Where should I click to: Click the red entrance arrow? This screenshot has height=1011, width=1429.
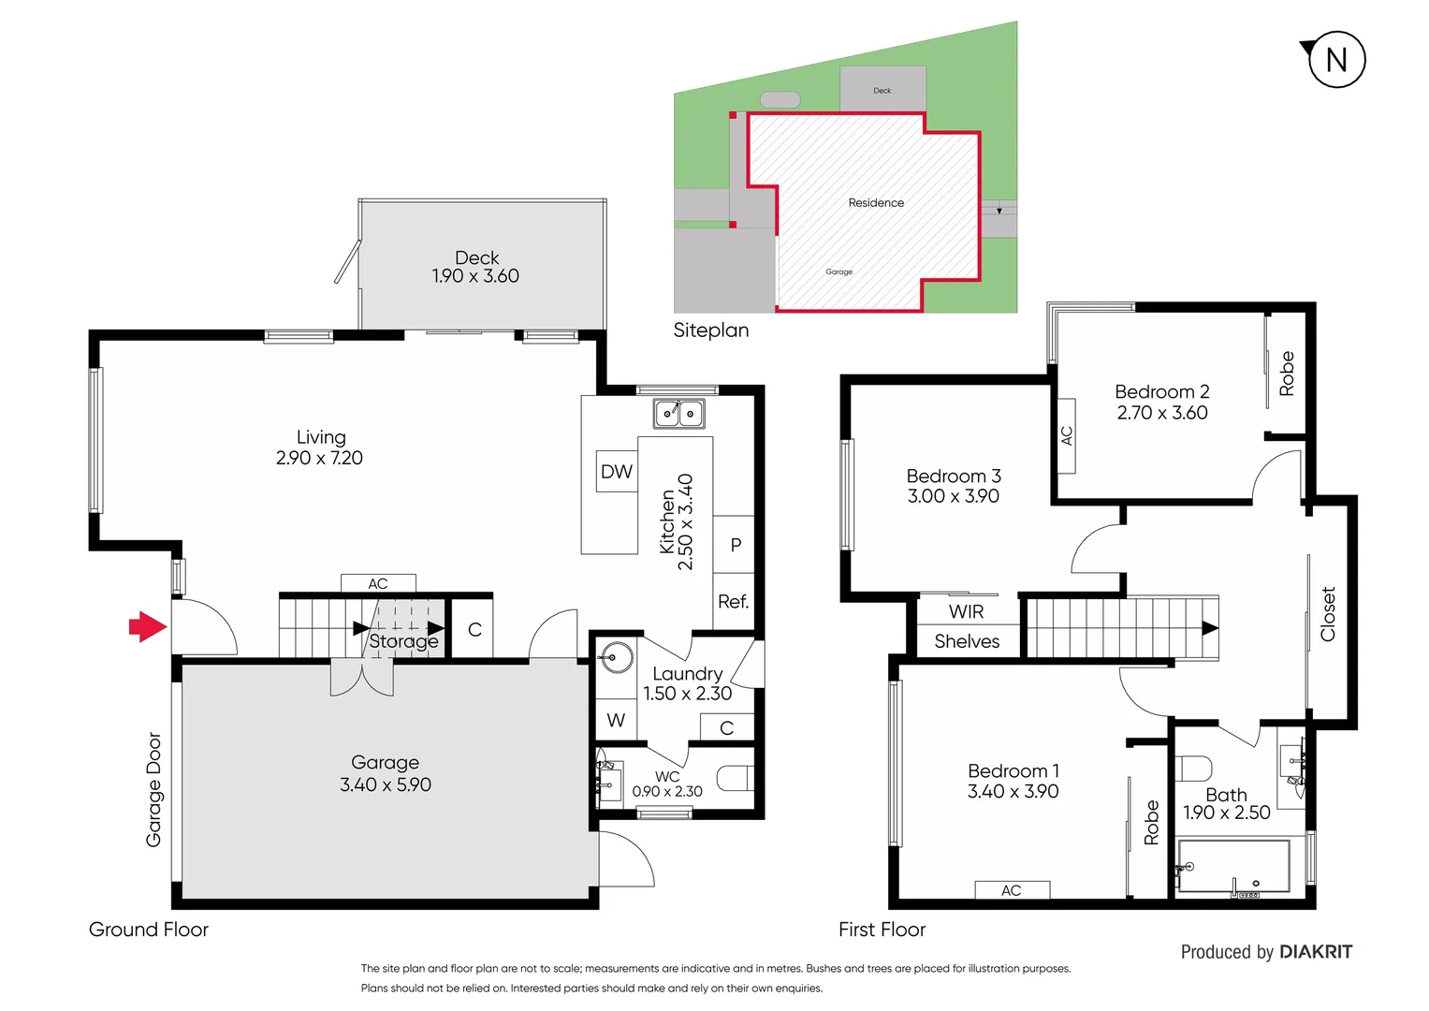(x=147, y=626)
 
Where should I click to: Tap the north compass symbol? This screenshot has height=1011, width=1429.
(x=1335, y=60)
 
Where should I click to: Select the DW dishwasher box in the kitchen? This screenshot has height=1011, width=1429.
(x=616, y=472)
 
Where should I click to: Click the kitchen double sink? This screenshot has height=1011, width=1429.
(x=678, y=413)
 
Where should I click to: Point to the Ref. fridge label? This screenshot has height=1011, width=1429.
(x=733, y=602)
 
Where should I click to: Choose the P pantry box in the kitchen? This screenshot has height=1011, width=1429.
(x=735, y=545)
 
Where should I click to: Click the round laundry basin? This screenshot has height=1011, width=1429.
(x=616, y=657)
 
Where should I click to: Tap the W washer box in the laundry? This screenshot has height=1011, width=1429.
(x=615, y=720)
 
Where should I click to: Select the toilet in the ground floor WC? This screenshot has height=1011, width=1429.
(x=735, y=778)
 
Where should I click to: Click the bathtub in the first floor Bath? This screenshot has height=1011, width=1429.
(x=1232, y=866)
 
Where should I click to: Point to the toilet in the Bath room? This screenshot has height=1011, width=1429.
(x=1193, y=768)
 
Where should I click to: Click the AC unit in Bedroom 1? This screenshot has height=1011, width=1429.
(x=1012, y=890)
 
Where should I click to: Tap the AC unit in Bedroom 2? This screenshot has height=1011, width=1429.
(x=1066, y=435)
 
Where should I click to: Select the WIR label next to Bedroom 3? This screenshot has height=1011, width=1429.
(x=966, y=611)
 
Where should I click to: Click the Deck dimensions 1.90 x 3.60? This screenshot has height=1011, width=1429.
(x=475, y=276)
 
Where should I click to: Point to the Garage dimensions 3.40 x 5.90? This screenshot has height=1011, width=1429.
(x=385, y=784)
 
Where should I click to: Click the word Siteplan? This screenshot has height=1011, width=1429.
(x=711, y=330)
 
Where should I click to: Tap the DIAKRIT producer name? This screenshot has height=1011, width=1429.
(x=1315, y=952)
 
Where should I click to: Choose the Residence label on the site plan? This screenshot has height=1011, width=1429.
(x=876, y=202)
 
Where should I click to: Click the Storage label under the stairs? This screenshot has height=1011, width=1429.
(x=403, y=641)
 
